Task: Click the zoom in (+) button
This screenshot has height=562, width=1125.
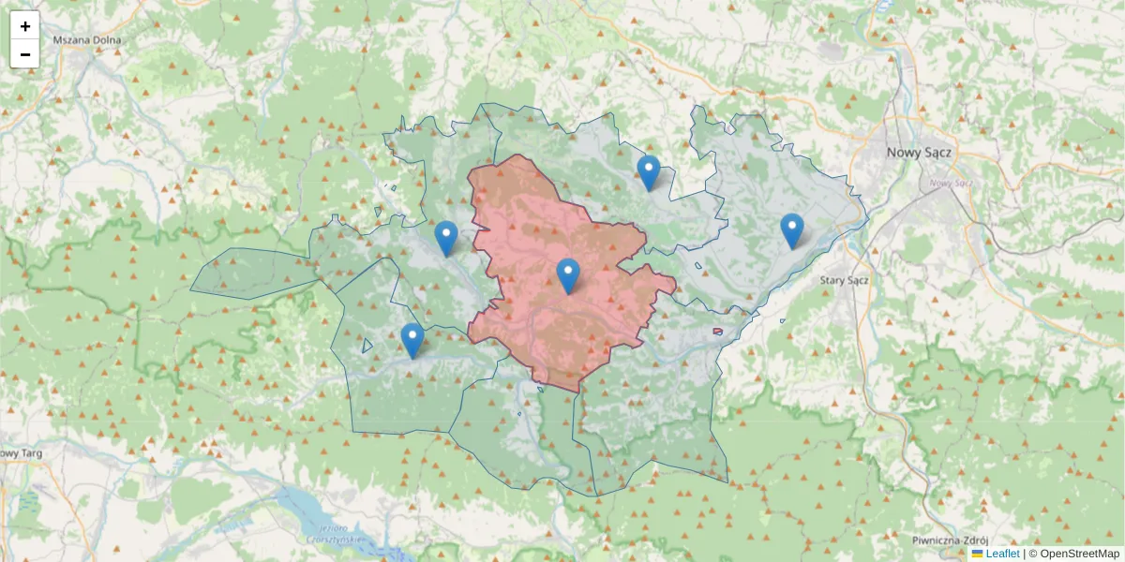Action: tap(25, 26)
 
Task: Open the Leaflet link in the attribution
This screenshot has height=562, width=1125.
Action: tap(1002, 554)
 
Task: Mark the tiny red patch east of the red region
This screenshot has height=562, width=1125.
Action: tap(717, 331)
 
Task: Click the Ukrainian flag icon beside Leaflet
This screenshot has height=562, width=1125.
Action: tap(977, 554)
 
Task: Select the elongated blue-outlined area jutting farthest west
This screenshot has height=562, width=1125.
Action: tap(248, 274)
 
